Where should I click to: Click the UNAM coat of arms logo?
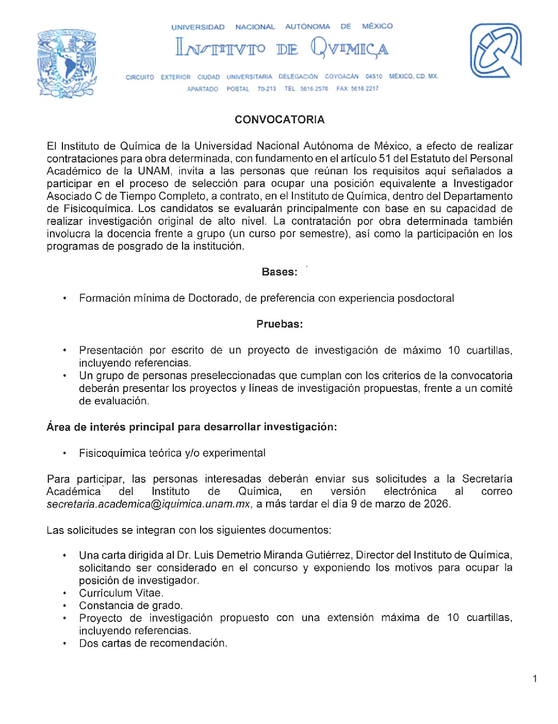tap(67, 63)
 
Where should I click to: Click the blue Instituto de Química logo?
tap(495, 51)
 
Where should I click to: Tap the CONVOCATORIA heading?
tap(280, 120)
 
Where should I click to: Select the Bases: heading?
tap(280, 272)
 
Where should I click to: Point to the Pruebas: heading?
tap(280, 324)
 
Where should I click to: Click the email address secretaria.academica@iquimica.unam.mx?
tap(149, 504)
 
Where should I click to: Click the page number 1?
tap(535, 679)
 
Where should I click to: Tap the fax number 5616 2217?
tap(365, 89)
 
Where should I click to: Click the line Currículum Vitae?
tap(121, 593)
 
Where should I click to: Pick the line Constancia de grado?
tap(130, 605)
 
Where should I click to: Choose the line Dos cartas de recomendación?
tap(153, 643)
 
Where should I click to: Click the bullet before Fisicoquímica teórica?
tap(64, 454)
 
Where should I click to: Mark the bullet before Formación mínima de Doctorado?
tap(64, 299)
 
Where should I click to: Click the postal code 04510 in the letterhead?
tap(374, 76)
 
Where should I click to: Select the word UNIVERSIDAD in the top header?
tap(198, 27)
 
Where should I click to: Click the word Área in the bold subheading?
tap(57, 427)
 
